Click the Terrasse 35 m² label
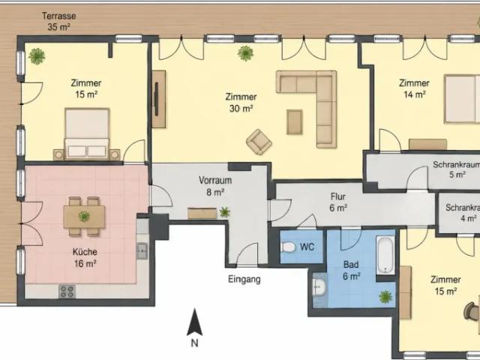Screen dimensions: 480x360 point(58,21)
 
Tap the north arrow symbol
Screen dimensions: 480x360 point(194,322)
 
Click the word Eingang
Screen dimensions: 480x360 point(244,280)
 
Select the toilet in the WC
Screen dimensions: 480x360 point(288,247)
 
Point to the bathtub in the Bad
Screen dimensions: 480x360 point(385,255)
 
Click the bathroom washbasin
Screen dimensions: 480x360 point(319,287)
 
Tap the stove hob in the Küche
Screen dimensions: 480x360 point(67,292)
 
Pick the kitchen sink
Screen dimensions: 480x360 point(142,251)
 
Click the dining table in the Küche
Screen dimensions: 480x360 point(84,217)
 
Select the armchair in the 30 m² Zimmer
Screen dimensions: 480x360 point(259,142)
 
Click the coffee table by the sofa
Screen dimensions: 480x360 point(295,121)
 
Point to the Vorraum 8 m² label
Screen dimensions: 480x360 point(215,186)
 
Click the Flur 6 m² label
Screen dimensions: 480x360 point(338,202)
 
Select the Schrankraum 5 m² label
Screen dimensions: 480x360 point(456,169)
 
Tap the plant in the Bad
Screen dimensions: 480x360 point(385,297)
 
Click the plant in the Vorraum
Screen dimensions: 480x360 point(224,211)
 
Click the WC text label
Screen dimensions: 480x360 point(307,247)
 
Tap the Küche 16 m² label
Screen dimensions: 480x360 point(85,257)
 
